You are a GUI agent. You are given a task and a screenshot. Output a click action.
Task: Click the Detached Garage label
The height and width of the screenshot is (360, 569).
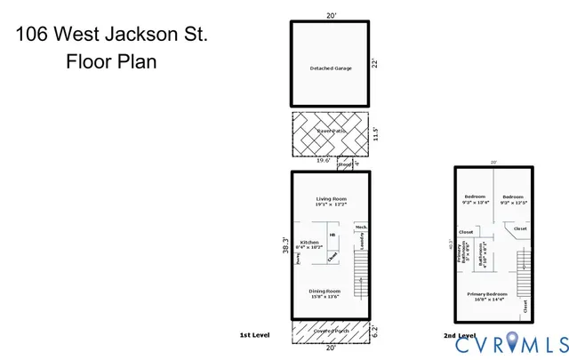click(330, 68)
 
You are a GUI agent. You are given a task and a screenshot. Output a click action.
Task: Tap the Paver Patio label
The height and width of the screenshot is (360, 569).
click(330, 132)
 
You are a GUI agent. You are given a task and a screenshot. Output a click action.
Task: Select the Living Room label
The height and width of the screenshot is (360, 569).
click(330, 201)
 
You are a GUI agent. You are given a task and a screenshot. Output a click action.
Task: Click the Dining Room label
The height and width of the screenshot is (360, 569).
click(325, 293)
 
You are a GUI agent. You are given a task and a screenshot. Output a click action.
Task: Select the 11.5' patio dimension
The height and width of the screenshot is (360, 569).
click(377, 133)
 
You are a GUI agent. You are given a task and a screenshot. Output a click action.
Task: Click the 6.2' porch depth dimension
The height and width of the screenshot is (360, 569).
click(377, 332)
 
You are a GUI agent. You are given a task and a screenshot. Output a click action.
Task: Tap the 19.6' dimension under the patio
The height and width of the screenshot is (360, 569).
click(324, 161)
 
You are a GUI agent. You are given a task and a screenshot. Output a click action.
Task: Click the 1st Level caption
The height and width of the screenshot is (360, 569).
click(254, 335)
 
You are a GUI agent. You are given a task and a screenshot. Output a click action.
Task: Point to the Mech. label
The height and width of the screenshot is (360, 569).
click(361, 227)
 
